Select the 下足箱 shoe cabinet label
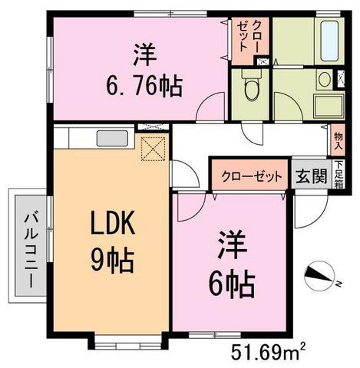coord(338,174)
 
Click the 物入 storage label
coord(338,143)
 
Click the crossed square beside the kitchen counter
coord(156,146)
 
